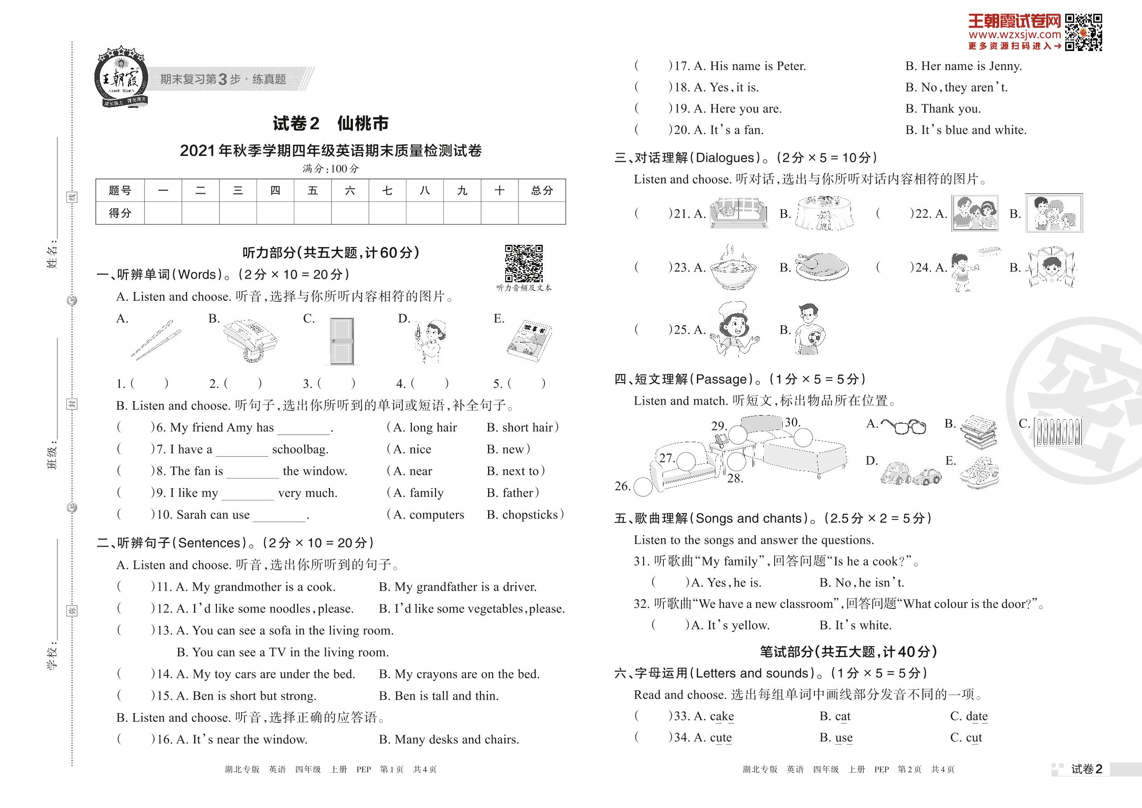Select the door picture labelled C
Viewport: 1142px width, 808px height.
(342, 342)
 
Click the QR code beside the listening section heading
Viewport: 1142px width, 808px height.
(524, 263)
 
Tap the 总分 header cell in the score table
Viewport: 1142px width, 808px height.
(542, 191)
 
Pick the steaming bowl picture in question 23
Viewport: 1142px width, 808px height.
(733, 268)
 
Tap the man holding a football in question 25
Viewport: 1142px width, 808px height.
(809, 329)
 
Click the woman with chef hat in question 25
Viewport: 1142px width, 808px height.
(734, 329)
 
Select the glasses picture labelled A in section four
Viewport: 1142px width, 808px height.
(903, 426)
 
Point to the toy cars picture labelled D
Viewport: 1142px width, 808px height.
(911, 474)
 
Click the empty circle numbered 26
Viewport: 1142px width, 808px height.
(643, 487)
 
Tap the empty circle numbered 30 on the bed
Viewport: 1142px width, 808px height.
(803, 438)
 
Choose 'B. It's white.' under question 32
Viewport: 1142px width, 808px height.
(855, 626)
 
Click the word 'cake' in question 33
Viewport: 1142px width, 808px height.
(721, 716)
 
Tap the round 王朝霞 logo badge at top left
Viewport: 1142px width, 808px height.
(121, 78)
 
